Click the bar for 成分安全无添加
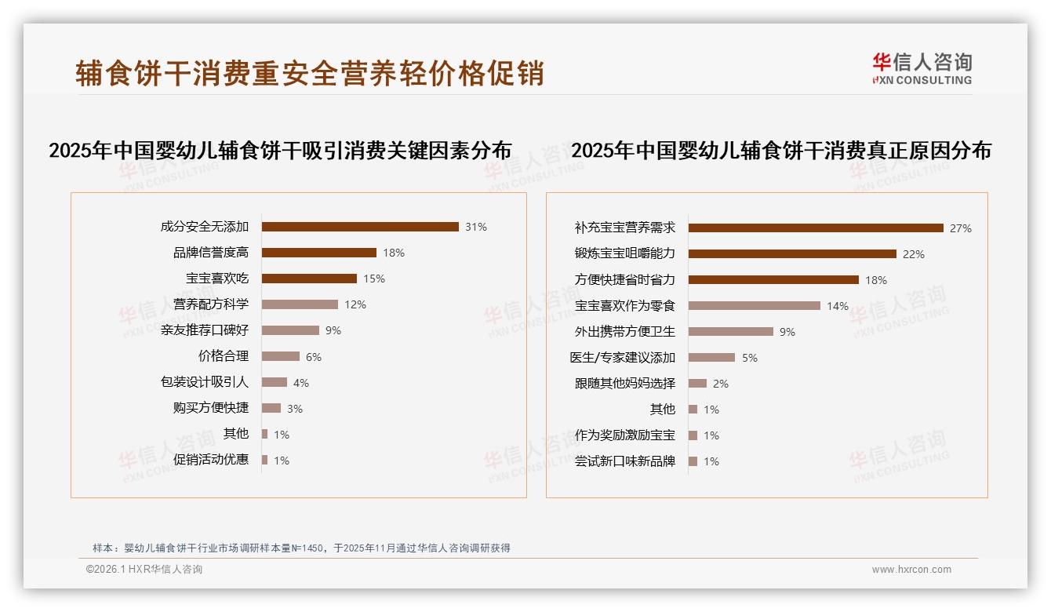(360, 227)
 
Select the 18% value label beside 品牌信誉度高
(394, 253)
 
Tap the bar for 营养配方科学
(300, 304)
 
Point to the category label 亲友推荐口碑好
(205, 330)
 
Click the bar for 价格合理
(281, 356)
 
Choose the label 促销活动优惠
(211, 460)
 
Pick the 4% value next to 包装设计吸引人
(301, 383)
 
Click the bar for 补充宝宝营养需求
(816, 228)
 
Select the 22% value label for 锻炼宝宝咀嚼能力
(914, 254)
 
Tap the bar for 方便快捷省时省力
(773, 280)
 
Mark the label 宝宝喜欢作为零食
(625, 306)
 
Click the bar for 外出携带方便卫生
(731, 332)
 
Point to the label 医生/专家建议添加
(623, 358)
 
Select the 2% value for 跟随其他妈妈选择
(721, 384)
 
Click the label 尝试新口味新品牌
(625, 461)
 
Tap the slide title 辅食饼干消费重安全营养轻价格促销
(310, 73)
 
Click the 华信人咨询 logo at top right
(922, 68)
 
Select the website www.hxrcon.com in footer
(911, 570)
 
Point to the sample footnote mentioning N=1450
(302, 548)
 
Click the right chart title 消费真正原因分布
(781, 151)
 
